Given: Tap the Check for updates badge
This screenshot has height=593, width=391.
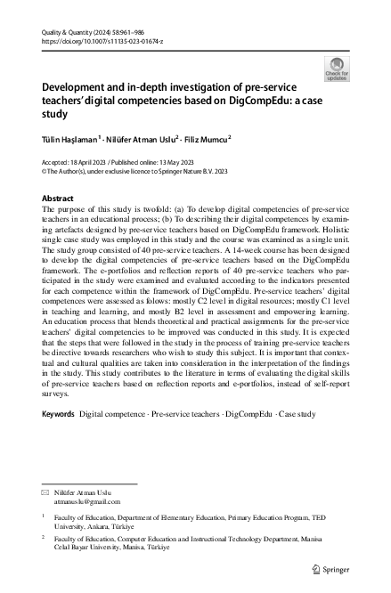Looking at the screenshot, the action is pos(338,69).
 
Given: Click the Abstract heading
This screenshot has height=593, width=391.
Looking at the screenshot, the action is pos(59,199).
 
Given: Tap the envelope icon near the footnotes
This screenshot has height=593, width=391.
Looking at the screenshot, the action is pos(46,492).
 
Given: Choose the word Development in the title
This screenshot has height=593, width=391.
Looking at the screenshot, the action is pos(78,89).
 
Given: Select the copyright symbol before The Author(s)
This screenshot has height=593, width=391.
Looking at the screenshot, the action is pos(45,169).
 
